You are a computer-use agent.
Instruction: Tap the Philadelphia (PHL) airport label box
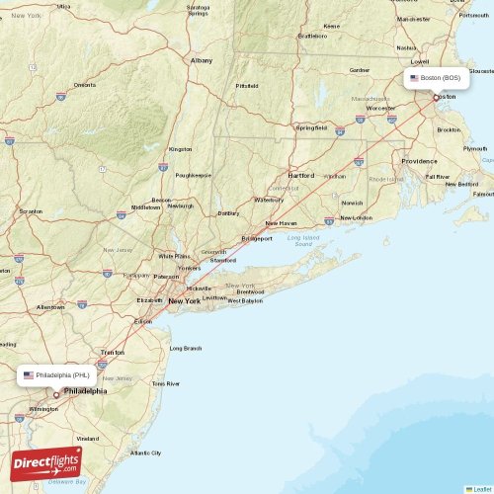(x=56, y=375)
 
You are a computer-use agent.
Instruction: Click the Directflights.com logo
(x=46, y=462)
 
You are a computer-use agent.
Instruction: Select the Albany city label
(x=202, y=60)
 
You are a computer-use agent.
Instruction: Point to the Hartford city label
(x=301, y=176)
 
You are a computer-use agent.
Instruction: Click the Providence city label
(x=419, y=161)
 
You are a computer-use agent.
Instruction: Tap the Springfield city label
(x=312, y=127)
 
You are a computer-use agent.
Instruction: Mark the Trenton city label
(x=113, y=352)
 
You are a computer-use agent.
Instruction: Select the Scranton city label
(x=31, y=210)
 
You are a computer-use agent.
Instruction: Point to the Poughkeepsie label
(x=193, y=175)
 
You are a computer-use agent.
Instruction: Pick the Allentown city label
(x=50, y=307)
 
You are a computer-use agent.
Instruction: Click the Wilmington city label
(x=42, y=408)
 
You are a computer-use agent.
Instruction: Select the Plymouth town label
(x=474, y=148)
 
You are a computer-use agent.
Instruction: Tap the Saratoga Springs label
(x=198, y=11)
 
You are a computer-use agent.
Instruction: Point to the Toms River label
(x=166, y=383)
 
